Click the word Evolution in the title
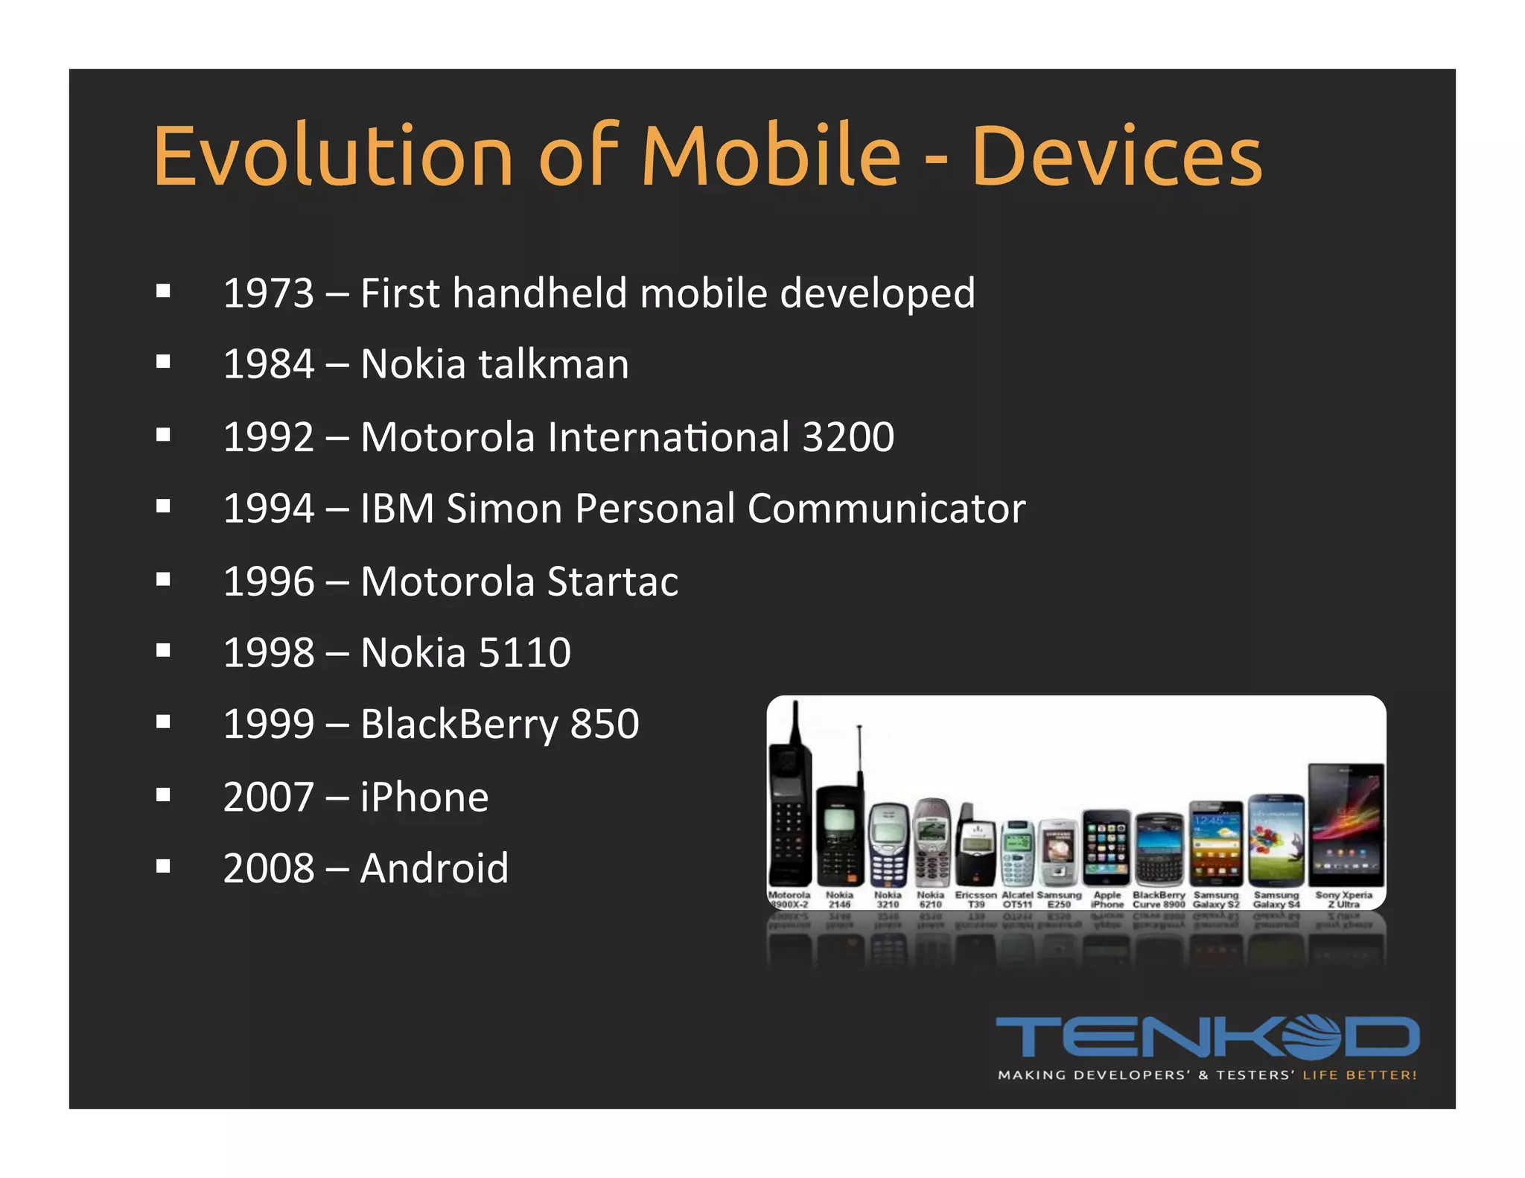click(x=333, y=156)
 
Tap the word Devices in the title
click(x=1117, y=156)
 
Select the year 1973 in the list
click(x=269, y=293)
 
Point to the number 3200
click(x=848, y=436)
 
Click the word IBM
click(x=397, y=509)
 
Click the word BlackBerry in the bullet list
click(x=459, y=724)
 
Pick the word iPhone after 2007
click(x=424, y=797)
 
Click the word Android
click(x=434, y=868)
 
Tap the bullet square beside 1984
click(x=164, y=363)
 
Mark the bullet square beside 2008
click(x=164, y=866)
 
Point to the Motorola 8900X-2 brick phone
click(x=789, y=804)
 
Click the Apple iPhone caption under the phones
click(x=1107, y=900)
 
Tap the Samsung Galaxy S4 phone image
click(x=1276, y=840)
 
